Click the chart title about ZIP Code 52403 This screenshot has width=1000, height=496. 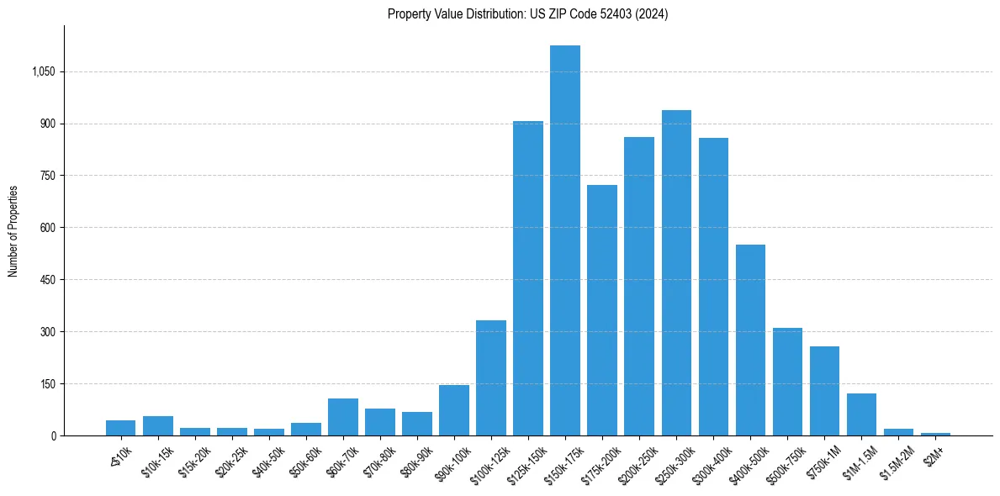point(527,14)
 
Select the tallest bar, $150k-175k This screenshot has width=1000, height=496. point(565,240)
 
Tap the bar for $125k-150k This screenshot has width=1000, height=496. point(528,278)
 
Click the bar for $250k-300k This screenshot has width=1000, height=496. point(676,272)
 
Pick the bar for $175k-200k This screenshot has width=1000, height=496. point(602,310)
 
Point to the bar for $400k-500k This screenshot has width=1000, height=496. point(750,340)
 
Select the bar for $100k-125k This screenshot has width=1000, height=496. point(491,377)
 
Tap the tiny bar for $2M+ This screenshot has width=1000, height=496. point(935,434)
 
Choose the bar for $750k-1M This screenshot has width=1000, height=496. point(824,391)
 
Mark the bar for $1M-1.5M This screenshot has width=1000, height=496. point(861,414)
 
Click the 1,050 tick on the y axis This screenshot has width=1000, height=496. point(43,72)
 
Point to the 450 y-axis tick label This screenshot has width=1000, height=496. point(47,280)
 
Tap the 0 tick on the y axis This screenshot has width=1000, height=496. point(53,435)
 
